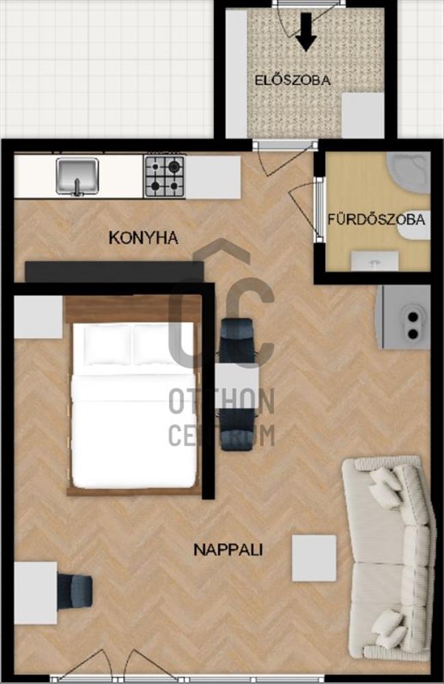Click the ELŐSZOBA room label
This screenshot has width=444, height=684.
[x=292, y=80]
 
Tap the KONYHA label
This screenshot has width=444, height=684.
[x=143, y=238]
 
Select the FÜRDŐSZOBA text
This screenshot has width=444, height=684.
[x=376, y=219]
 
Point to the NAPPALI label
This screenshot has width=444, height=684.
[x=228, y=550]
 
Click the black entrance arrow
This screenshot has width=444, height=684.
[x=306, y=31]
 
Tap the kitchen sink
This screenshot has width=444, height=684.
[x=77, y=176]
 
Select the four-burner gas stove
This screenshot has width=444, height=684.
[x=165, y=176]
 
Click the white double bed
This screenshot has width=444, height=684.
[x=133, y=405]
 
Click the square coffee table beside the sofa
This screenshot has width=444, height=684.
[x=314, y=558]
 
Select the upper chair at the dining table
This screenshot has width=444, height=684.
[x=237, y=341]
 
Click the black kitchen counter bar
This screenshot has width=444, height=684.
[x=114, y=272]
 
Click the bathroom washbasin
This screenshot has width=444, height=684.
[x=375, y=261]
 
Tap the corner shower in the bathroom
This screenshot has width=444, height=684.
[x=408, y=173]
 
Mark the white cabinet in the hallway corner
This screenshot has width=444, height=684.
[x=363, y=115]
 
